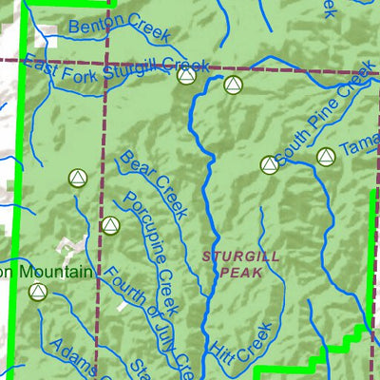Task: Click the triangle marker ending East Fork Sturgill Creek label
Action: coord(187,76)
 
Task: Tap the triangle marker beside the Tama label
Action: coord(326,157)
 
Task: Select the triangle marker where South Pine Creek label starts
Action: coord(269,165)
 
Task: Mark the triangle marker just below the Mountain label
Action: coord(38,292)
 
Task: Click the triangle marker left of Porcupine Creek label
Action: coord(108,226)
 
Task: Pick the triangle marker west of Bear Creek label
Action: coord(78,178)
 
